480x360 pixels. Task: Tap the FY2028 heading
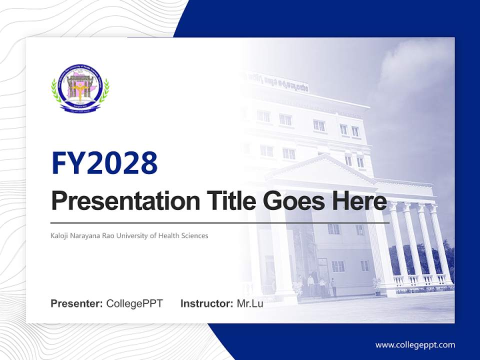pyautogui.click(x=104, y=163)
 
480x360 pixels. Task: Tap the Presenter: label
pyautogui.click(x=77, y=303)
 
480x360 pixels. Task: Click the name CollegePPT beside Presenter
pyautogui.click(x=134, y=303)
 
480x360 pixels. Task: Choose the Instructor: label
pyautogui.click(x=206, y=303)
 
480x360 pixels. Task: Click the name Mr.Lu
pyautogui.click(x=249, y=303)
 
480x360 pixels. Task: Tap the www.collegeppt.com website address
pyautogui.click(x=415, y=344)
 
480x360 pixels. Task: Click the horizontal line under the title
pyautogui.click(x=220, y=222)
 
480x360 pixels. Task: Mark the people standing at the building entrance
pyautogui.click(x=320, y=286)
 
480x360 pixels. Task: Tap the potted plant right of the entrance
pyautogui.click(x=376, y=284)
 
